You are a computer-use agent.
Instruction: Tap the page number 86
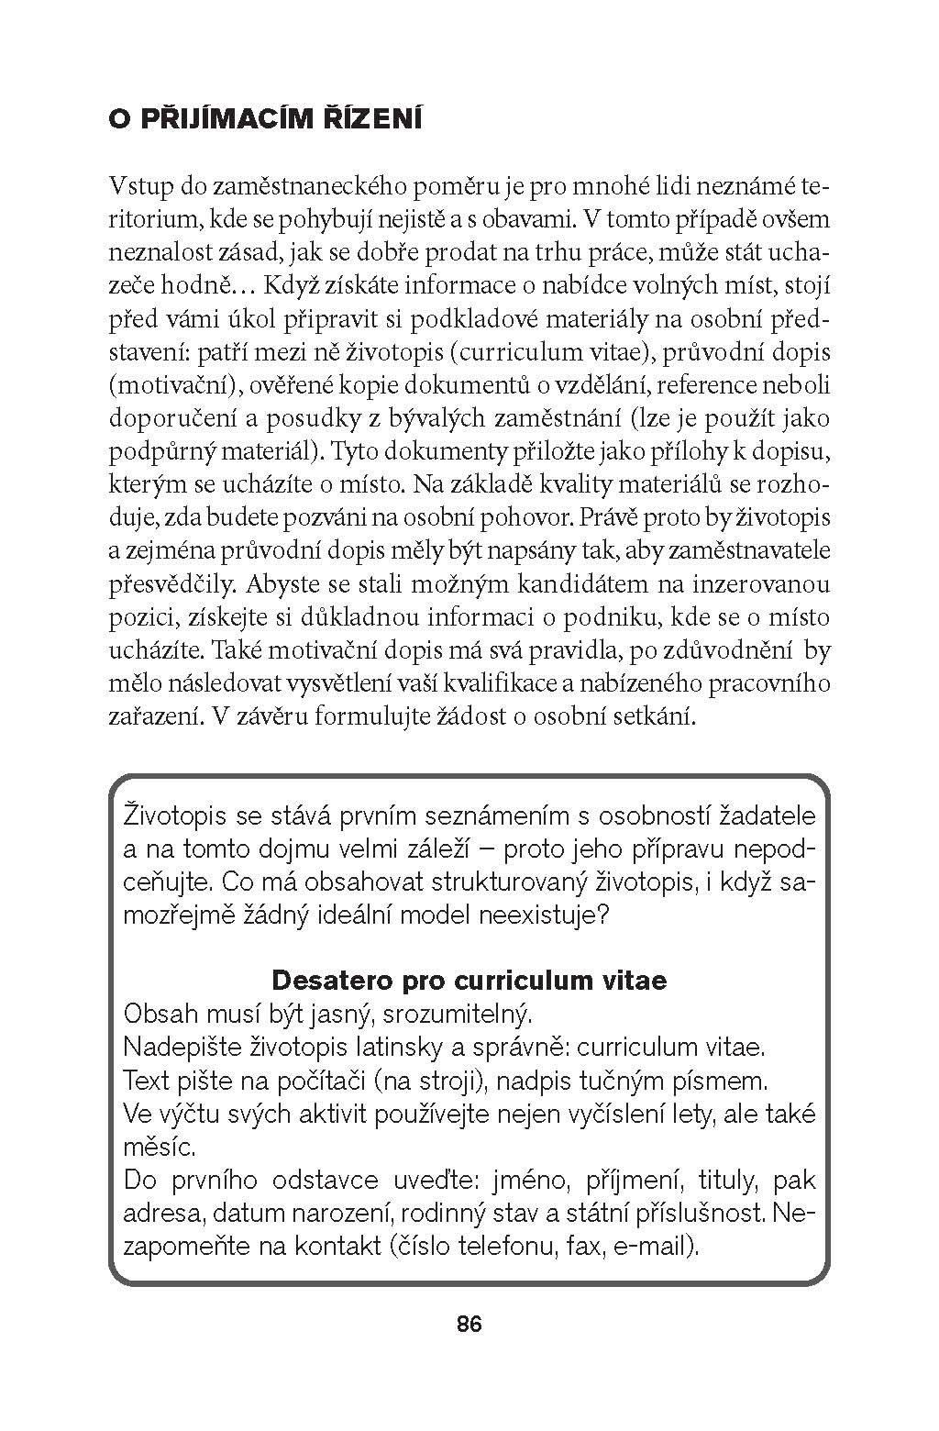(469, 1324)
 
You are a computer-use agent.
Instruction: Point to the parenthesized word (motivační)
(169, 385)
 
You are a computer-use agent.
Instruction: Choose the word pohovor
(528, 517)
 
